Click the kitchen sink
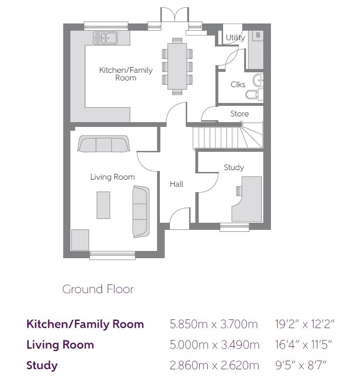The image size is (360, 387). point(105,38)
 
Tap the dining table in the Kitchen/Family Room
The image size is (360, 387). point(177,66)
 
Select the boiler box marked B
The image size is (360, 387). point(258,35)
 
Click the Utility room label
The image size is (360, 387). point(236,37)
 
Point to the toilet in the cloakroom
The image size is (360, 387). point(254,94)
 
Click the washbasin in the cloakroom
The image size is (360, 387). point(258,80)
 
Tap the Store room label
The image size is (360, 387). point(239,114)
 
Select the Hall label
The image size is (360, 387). point(177,184)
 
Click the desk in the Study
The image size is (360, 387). point(247,199)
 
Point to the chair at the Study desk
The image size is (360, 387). point(239,191)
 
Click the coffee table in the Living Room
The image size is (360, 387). point(103,205)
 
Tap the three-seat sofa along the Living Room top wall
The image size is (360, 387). point(103,144)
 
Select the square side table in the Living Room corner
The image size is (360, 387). point(80,240)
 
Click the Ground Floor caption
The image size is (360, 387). point(98,289)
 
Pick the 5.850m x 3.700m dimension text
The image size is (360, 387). point(214,324)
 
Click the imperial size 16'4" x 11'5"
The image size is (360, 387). point(304,344)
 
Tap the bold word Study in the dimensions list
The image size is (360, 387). point(42,365)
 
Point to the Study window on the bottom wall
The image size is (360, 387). point(235,227)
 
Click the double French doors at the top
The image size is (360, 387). point(175,15)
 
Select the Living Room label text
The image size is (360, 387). point(112,177)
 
